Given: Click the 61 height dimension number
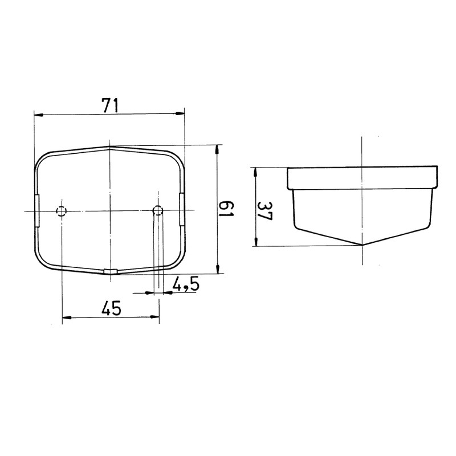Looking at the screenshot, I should click(226, 209).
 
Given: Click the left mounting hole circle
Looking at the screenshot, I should click(62, 212).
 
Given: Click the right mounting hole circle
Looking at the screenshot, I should click(158, 211).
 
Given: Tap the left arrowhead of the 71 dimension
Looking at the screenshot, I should click(38, 115).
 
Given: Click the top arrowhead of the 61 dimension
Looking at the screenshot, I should click(217, 149).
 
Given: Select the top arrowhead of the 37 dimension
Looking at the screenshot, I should click(256, 170).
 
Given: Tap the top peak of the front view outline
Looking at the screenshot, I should click(111, 146).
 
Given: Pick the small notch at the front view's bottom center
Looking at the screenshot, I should click(111, 271).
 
